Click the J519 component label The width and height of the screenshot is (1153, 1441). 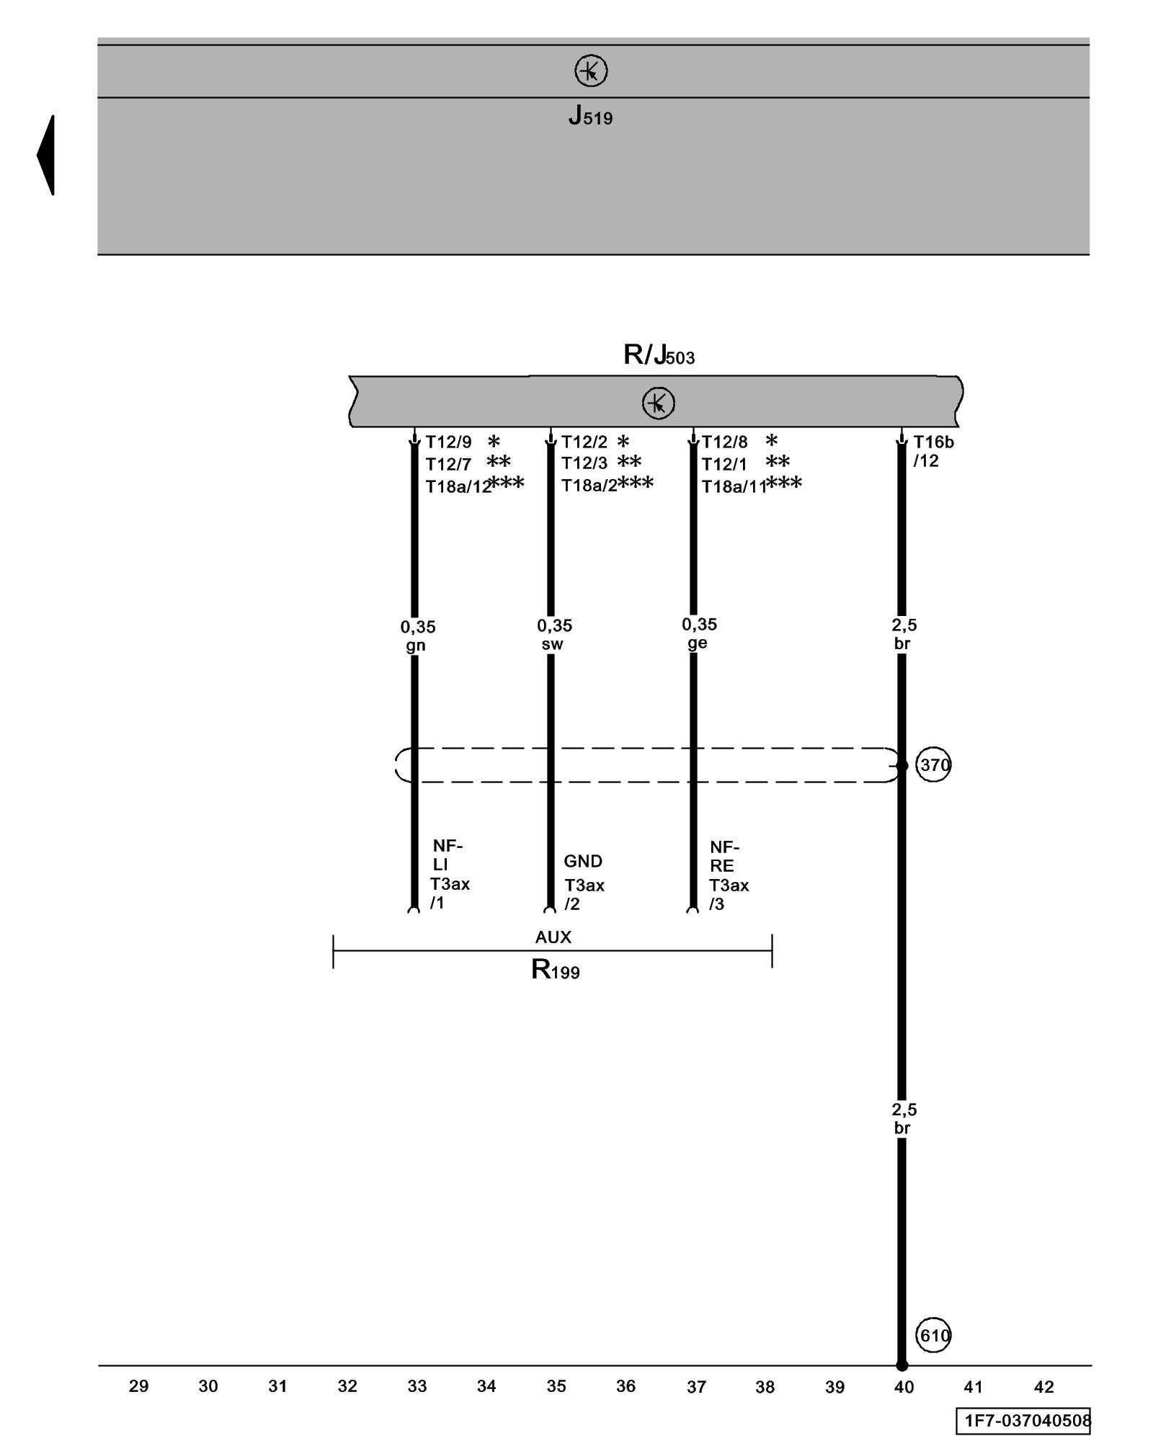[x=590, y=115]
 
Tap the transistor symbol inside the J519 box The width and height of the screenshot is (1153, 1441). [x=591, y=71]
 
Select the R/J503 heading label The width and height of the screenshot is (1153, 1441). [x=659, y=355]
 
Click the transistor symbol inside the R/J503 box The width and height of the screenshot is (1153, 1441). [x=659, y=403]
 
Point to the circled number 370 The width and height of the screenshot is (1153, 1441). [x=933, y=765]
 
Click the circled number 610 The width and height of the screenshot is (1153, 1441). [x=933, y=1336]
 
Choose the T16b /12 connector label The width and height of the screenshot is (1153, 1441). [x=933, y=451]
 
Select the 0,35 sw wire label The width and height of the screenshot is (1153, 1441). [x=554, y=635]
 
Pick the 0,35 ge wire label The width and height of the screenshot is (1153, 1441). [x=699, y=633]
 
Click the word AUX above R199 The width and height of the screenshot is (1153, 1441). [x=553, y=937]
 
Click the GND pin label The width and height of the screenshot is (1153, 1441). [x=583, y=861]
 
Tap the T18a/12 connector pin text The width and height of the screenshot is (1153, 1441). [x=458, y=487]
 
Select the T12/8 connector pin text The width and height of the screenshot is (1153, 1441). [x=725, y=442]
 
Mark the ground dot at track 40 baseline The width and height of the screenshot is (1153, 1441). [x=902, y=1365]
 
